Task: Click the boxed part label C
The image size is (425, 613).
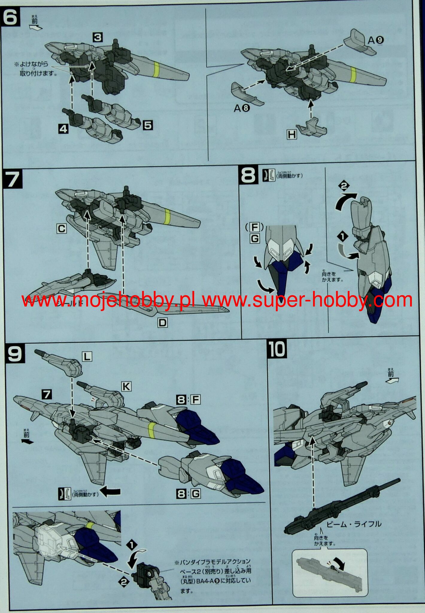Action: click(61, 229)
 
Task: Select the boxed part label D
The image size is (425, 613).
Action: click(163, 322)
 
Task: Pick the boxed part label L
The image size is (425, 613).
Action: click(87, 356)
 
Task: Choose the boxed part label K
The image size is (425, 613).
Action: click(126, 386)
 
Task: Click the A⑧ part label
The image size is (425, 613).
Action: click(242, 108)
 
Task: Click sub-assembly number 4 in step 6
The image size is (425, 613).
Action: click(63, 129)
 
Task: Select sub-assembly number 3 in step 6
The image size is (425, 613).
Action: click(98, 37)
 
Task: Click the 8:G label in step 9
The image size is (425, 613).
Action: click(188, 494)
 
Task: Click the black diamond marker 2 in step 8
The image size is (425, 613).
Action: click(344, 186)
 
